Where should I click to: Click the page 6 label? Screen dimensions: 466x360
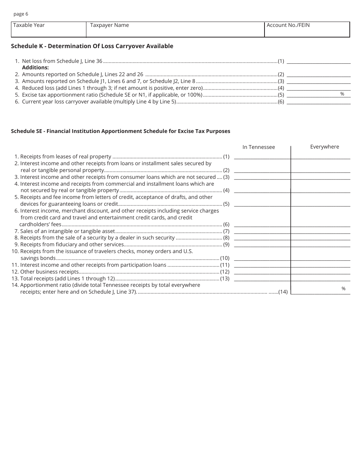(x=21, y=14)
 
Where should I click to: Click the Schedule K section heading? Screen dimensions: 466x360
(x=92, y=46)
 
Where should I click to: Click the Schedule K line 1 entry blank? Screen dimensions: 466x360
(x=319, y=61)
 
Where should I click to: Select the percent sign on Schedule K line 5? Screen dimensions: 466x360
(x=342, y=94)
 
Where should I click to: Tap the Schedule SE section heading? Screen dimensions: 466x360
(x=121, y=131)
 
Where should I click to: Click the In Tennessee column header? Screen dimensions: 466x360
(x=259, y=147)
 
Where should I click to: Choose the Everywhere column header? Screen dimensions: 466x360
(x=324, y=147)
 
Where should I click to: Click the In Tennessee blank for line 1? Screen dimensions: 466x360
(x=262, y=156)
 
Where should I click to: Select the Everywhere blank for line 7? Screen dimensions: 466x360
(x=321, y=231)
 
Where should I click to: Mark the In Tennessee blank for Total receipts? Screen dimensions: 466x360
(x=262, y=278)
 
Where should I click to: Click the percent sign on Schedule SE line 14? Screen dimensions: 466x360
(x=344, y=289)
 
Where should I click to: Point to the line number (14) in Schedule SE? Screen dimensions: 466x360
(x=283, y=292)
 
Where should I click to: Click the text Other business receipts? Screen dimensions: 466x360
(x=49, y=272)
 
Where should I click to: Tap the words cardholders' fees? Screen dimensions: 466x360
(x=40, y=224)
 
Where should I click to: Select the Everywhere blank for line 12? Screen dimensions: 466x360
(x=321, y=272)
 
